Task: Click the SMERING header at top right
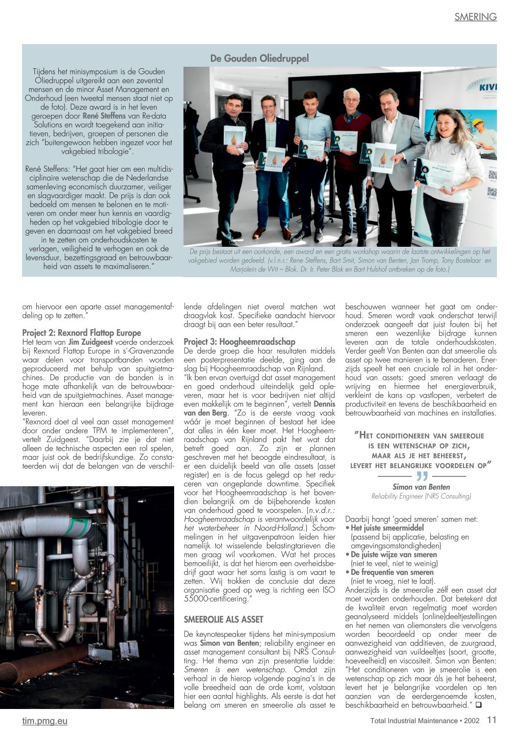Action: pyautogui.click(x=475, y=17)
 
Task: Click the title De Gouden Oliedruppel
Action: pyautogui.click(x=259, y=58)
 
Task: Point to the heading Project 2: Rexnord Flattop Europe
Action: pyautogui.click(x=81, y=333)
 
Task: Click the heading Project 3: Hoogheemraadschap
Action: pyautogui.click(x=239, y=341)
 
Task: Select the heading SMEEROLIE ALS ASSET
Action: pyautogui.click(x=223, y=620)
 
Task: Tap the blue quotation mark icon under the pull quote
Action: pyautogui.click(x=421, y=476)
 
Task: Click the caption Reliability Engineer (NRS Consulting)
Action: pyautogui.click(x=421, y=496)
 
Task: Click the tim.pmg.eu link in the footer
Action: pyautogui.click(x=45, y=721)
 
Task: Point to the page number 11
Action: pyautogui.click(x=492, y=720)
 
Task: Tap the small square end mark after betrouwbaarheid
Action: pyautogui.click(x=478, y=705)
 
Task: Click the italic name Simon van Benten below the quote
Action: pyautogui.click(x=421, y=487)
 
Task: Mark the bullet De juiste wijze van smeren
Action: pyautogui.click(x=393, y=554)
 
